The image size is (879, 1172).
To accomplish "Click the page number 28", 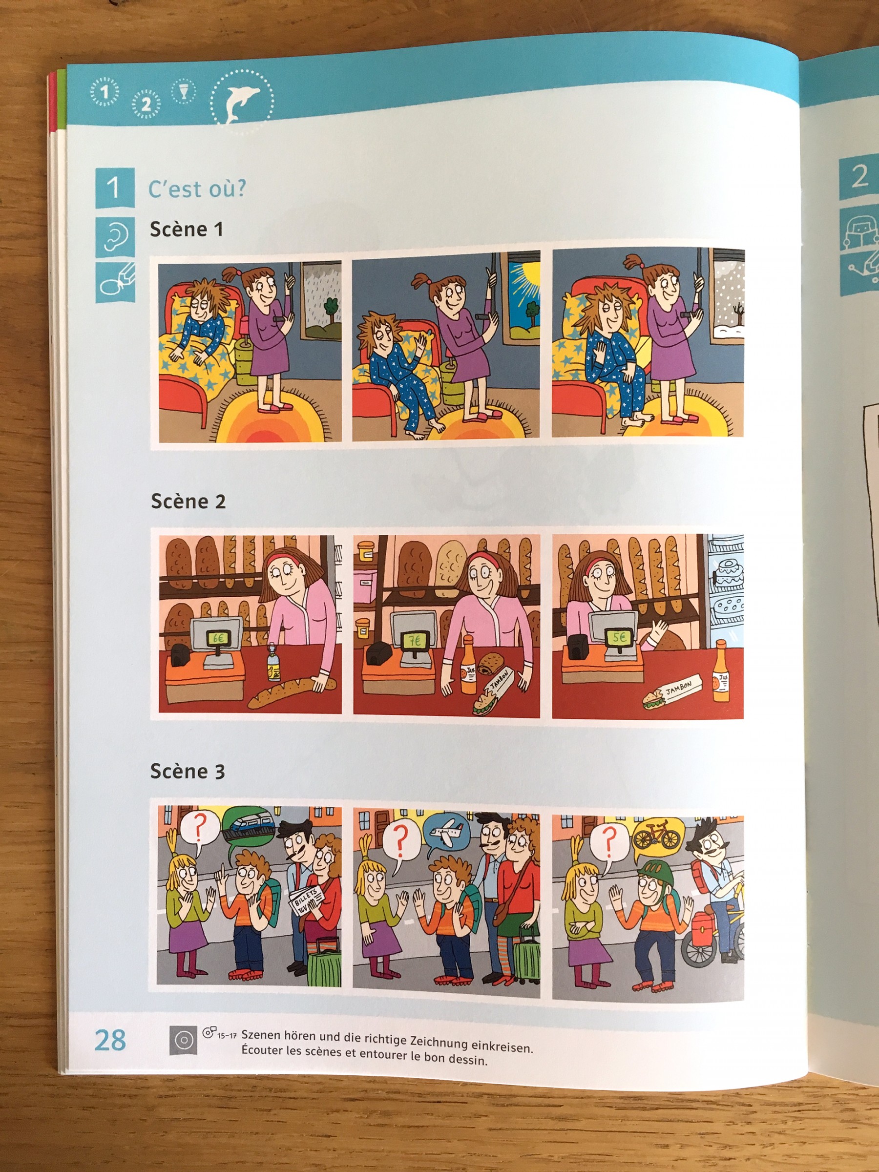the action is (x=110, y=1040).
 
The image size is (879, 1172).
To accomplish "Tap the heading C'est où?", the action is (x=197, y=189).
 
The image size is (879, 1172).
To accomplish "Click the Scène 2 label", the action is (x=188, y=501).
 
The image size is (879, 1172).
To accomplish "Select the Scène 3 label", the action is (x=188, y=771).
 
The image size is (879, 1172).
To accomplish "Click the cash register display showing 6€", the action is (x=218, y=638).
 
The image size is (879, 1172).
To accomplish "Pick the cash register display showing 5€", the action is (x=619, y=636).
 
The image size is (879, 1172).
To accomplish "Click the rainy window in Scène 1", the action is (x=321, y=301).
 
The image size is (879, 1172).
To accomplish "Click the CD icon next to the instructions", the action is (x=183, y=1040).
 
